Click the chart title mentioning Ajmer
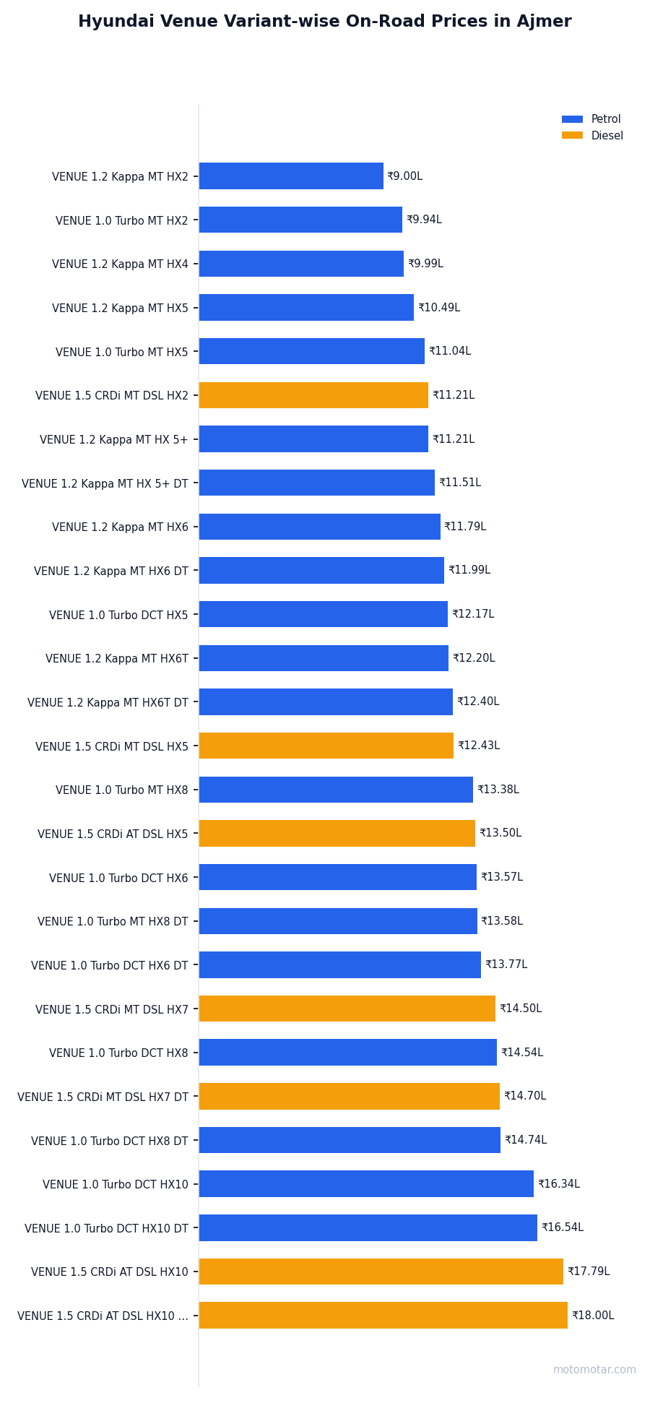[x=324, y=22]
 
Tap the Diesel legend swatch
[x=572, y=136]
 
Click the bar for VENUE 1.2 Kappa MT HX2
[x=291, y=176]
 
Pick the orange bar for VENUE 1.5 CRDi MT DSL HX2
[x=313, y=395]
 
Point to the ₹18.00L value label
[x=593, y=1316]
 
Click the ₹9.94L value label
[x=424, y=220]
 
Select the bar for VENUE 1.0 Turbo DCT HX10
[x=366, y=1184]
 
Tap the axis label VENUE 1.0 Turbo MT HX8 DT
[x=113, y=922]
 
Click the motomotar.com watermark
[x=594, y=1370]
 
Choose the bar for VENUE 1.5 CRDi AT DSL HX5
[x=337, y=833]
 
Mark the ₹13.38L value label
[x=498, y=790]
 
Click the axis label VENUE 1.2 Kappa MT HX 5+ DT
[x=105, y=483]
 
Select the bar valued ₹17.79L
[x=381, y=1272]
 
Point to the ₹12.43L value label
[x=479, y=746]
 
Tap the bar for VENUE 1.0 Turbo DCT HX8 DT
[x=350, y=1140]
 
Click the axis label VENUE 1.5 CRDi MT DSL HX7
[x=112, y=1009]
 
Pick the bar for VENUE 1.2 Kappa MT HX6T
[x=324, y=658]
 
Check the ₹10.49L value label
[x=439, y=308]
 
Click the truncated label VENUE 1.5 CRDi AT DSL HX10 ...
[x=103, y=1316]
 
